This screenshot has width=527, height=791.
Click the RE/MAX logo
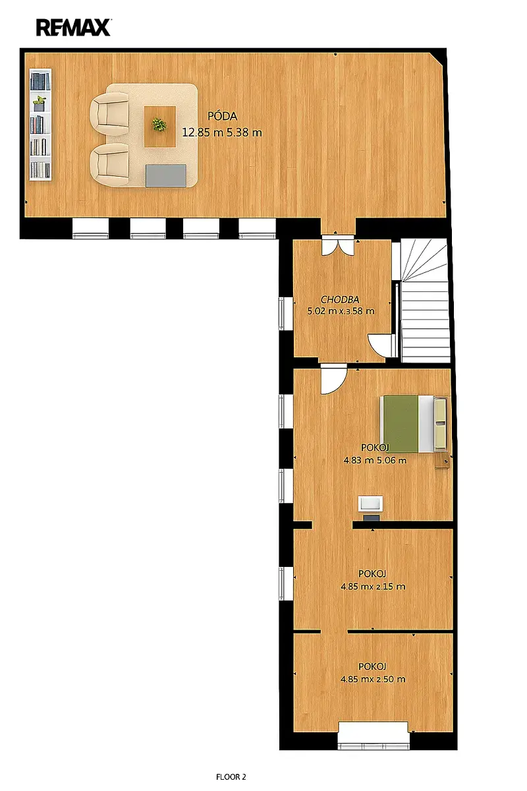(x=74, y=28)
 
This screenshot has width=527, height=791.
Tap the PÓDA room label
(x=222, y=116)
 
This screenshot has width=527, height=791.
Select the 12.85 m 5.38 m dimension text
(x=222, y=132)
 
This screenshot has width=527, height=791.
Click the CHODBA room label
(x=340, y=299)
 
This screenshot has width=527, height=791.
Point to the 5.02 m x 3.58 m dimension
(x=341, y=311)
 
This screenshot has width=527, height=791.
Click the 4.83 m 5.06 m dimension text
(x=375, y=461)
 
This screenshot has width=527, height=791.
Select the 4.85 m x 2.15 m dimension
(x=373, y=587)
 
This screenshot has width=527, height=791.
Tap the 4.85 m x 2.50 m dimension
(x=373, y=679)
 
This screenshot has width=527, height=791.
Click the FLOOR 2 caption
(x=231, y=777)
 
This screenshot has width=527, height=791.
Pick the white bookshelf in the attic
(x=40, y=125)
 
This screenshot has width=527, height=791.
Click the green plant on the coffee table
(x=159, y=125)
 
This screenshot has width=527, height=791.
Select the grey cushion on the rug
(x=166, y=175)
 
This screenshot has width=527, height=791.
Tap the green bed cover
(x=401, y=424)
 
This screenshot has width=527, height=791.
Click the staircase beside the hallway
(x=424, y=301)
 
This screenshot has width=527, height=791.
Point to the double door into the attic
(x=337, y=244)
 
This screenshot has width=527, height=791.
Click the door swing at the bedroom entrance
(x=333, y=381)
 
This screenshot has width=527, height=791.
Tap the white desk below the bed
(x=370, y=503)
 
